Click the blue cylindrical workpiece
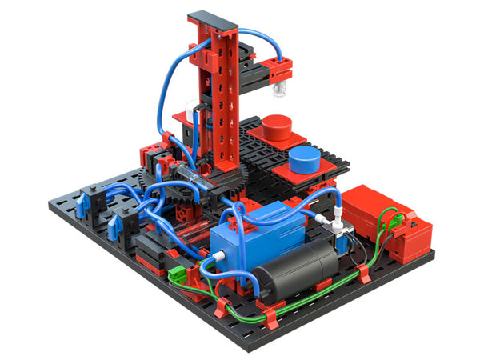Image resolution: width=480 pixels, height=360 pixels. click(x=304, y=156)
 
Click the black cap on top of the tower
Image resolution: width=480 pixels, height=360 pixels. click(x=213, y=17)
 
